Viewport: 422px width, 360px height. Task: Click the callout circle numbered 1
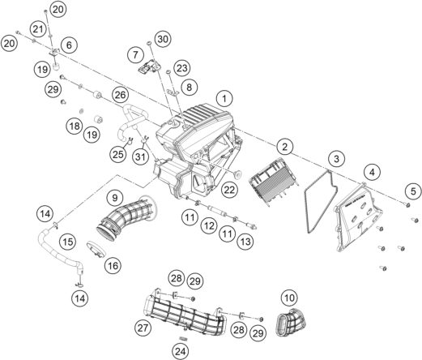tap(224, 99)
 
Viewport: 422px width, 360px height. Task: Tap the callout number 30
tap(163, 39)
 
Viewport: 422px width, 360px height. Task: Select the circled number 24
tap(181, 351)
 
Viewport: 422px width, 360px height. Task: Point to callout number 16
tap(113, 266)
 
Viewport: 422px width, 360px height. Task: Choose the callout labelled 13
tap(245, 242)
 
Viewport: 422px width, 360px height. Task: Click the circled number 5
tap(413, 191)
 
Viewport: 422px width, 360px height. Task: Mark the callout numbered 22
tap(229, 190)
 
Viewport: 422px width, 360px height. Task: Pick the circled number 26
tap(121, 95)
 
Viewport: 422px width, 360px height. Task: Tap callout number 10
tap(289, 298)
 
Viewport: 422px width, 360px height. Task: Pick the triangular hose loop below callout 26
tap(132, 119)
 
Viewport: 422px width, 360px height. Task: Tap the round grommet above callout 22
tap(237, 175)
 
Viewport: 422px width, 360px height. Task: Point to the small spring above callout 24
tap(184, 338)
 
